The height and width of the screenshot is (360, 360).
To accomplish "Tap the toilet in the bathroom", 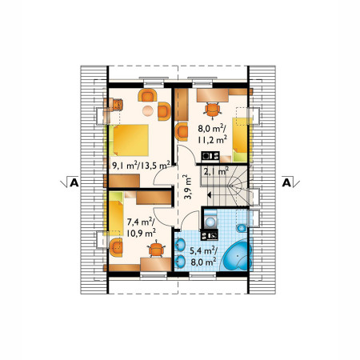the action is [x=242, y=228].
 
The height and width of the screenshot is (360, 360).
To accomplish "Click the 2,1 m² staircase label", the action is [x=216, y=171].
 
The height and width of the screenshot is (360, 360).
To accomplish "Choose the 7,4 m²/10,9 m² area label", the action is [x=141, y=227].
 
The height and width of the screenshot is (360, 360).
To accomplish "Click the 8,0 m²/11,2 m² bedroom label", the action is [x=213, y=134].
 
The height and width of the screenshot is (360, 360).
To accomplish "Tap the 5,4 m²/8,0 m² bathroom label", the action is [x=203, y=256].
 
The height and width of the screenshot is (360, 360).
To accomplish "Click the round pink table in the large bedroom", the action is [x=148, y=110].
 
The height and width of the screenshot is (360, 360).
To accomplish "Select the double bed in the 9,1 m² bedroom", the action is [x=129, y=140].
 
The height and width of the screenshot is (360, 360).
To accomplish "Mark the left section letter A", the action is [x=74, y=182].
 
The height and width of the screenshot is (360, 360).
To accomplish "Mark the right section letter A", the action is [x=286, y=182].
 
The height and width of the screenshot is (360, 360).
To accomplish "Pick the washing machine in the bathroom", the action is [x=210, y=220].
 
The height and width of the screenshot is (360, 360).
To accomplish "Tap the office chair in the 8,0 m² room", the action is [x=213, y=110].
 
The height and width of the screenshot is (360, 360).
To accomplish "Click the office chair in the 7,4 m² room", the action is [x=156, y=250].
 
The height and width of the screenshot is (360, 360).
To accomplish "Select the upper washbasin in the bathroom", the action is [x=180, y=245].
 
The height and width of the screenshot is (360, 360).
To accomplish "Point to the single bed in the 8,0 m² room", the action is [x=240, y=140].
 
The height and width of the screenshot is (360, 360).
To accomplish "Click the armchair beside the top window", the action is [x=147, y=95].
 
